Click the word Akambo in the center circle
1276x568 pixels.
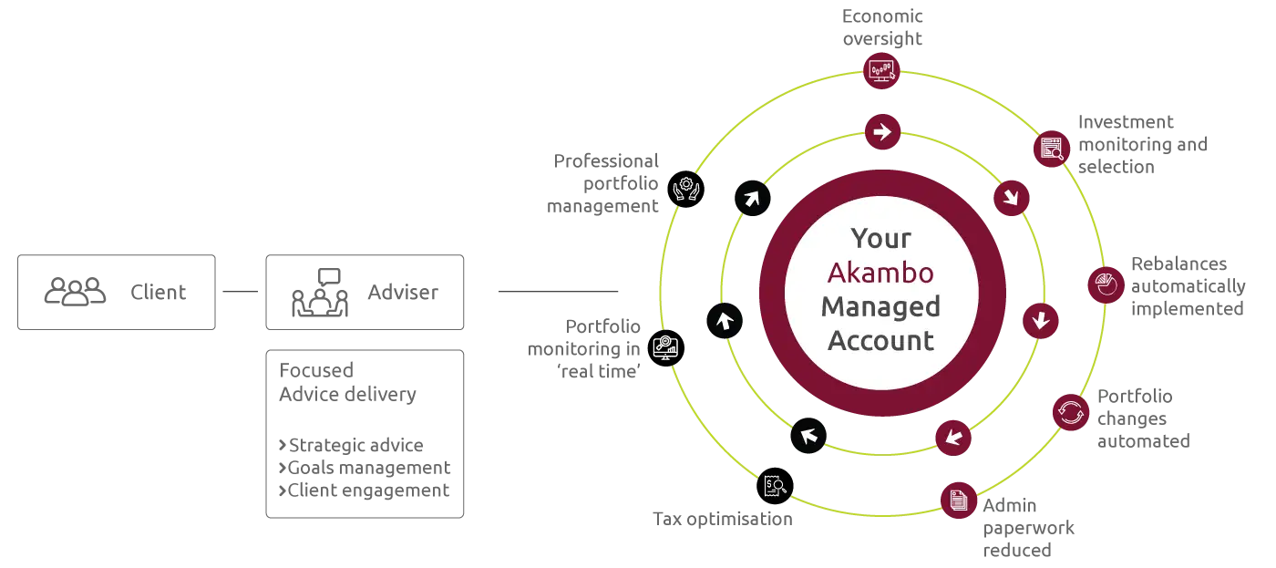pyautogui.click(x=880, y=273)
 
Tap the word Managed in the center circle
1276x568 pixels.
pyautogui.click(x=880, y=306)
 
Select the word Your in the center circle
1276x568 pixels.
pyautogui.click(x=880, y=239)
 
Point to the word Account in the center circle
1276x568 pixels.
pyautogui.click(x=880, y=341)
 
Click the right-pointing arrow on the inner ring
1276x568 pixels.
pyautogui.click(x=881, y=132)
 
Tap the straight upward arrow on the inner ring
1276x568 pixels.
pyautogui.click(x=725, y=320)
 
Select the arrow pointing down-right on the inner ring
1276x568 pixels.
pyautogui.click(x=1011, y=197)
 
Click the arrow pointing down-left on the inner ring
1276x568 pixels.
pyautogui.click(x=953, y=436)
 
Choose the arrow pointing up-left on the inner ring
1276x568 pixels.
pyautogui.click(x=808, y=435)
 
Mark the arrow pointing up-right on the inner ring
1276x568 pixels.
pyautogui.click(x=752, y=197)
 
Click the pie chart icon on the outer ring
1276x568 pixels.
pyautogui.click(x=1106, y=285)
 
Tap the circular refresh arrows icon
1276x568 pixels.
pyautogui.click(x=1071, y=412)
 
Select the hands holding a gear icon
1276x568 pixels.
pyautogui.click(x=685, y=189)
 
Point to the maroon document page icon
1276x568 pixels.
pyautogui.click(x=958, y=500)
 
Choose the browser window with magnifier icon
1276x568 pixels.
pyautogui.click(x=1052, y=147)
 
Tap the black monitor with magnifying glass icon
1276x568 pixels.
pyautogui.click(x=665, y=346)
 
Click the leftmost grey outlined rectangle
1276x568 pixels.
pyautogui.click(x=117, y=292)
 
